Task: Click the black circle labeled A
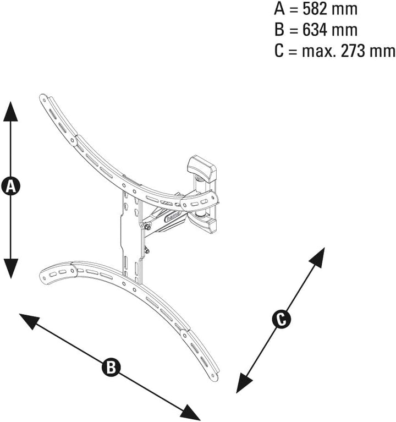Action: (10, 186)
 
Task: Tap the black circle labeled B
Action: (111, 367)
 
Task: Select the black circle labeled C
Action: (282, 320)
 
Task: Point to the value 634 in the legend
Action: (315, 30)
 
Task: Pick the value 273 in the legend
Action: (353, 51)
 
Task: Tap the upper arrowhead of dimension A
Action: (10, 112)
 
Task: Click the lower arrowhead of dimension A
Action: (10, 268)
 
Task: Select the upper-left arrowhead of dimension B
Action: (30, 321)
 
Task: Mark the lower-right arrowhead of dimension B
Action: (190, 412)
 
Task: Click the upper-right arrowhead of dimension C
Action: (317, 257)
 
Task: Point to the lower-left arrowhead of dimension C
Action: (244, 382)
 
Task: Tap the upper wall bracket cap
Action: (202, 168)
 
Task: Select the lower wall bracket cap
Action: (203, 224)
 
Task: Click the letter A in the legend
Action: (279, 9)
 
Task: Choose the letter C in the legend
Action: (279, 51)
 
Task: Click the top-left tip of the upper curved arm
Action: (43, 97)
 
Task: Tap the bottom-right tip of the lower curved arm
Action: (215, 377)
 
